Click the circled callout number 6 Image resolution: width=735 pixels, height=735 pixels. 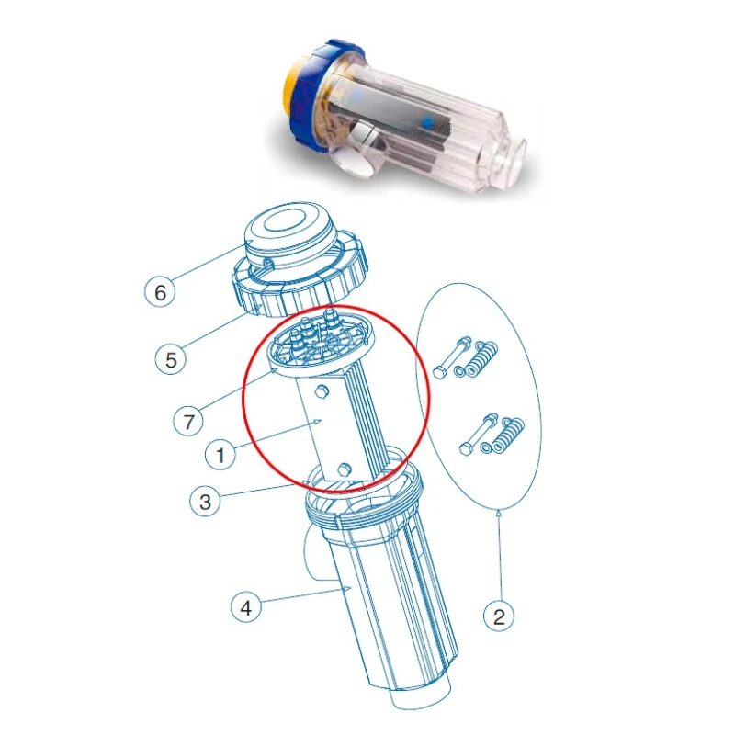point(162,293)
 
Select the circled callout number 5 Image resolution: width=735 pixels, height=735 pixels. point(171,359)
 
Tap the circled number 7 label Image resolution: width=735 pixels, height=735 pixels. point(188,422)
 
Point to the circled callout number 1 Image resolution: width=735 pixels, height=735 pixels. point(220,453)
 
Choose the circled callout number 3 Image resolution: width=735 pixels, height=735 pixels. point(205,502)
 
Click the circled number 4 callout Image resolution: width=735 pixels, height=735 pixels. point(243,608)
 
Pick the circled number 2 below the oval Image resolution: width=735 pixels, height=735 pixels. point(499,616)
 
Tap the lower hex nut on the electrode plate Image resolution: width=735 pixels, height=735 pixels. point(344,471)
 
